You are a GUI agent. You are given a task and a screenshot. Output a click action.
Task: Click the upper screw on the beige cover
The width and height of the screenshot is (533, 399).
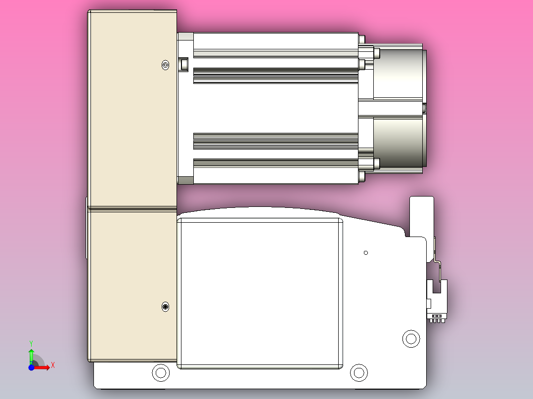(x=166, y=65)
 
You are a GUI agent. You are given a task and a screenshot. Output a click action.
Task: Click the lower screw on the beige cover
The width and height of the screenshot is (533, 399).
(x=166, y=307)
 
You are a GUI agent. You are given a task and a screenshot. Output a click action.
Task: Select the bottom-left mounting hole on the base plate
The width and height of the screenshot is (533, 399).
(x=160, y=372)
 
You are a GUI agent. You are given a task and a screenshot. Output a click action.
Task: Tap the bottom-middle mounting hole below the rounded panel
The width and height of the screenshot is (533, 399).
(x=359, y=372)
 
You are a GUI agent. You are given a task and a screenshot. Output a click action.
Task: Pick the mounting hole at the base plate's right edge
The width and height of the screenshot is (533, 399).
(x=410, y=339)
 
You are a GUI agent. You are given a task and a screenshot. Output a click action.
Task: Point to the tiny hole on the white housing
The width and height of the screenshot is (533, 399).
(x=365, y=253)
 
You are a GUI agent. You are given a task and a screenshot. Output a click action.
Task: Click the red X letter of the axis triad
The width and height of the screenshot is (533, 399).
(x=53, y=365)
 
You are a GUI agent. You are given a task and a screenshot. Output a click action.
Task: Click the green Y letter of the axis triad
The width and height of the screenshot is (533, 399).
(x=31, y=343)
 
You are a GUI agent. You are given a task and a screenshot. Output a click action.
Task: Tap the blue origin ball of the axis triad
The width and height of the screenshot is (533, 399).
(x=31, y=367)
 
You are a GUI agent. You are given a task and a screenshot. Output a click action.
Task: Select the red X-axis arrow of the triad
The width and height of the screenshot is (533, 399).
(x=44, y=367)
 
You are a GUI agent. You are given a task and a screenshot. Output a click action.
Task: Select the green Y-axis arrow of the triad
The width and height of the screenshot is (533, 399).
(x=31, y=355)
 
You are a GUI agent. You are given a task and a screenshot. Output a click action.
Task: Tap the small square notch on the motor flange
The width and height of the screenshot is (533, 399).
(x=184, y=64)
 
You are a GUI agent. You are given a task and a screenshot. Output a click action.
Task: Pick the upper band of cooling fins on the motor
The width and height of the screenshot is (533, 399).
(x=275, y=76)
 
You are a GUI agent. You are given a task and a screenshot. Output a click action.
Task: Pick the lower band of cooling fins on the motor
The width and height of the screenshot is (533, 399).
(x=275, y=141)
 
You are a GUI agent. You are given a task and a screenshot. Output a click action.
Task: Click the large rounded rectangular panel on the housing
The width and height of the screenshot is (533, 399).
(x=260, y=294)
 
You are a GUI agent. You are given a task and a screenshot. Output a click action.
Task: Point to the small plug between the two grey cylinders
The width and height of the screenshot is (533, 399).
(x=424, y=108)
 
